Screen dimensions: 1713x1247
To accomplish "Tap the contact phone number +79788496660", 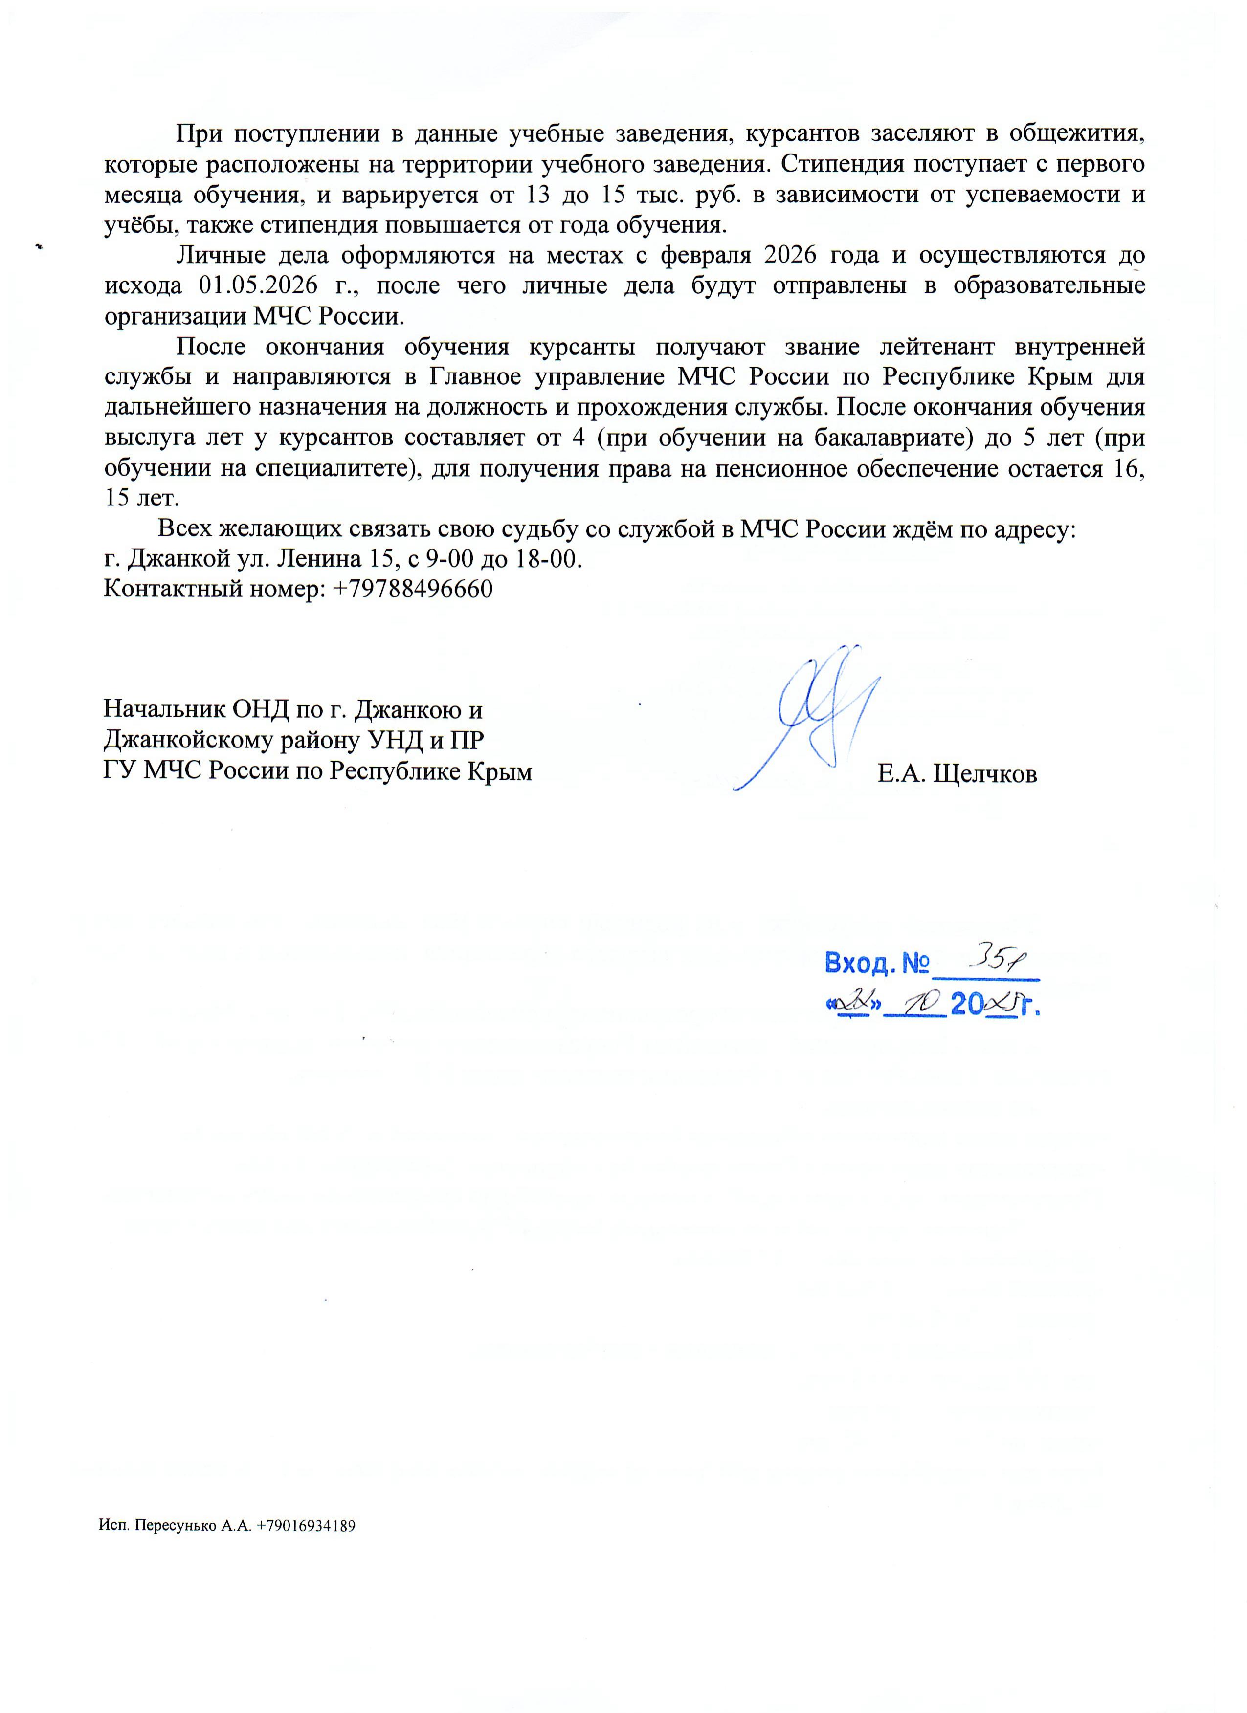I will [412, 589].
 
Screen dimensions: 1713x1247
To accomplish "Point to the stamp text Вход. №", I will [875, 963].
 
